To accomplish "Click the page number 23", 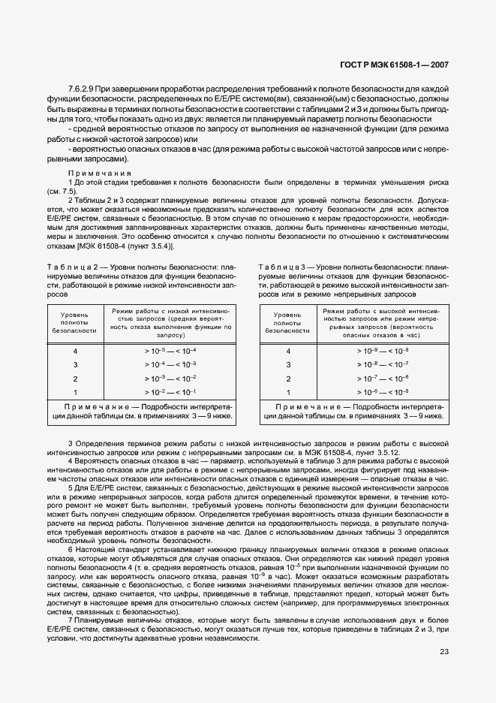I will (443, 652).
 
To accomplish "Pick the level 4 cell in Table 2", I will (75, 351).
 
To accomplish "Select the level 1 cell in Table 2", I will (75, 391).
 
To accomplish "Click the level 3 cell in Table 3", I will (288, 364).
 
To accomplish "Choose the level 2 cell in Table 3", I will (288, 378).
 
